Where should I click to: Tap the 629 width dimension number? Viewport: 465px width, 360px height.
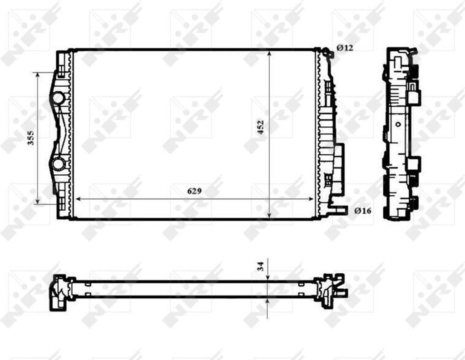194,191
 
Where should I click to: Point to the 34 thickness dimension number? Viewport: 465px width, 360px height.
261,266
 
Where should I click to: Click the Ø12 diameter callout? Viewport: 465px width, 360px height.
345,48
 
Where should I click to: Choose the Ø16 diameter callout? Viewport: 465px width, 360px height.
363,210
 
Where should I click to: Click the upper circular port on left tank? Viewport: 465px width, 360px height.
59,98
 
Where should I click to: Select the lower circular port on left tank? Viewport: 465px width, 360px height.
59,164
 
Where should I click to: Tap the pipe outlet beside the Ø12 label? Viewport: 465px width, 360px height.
329,54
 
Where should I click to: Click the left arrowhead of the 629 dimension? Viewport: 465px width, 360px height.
78,199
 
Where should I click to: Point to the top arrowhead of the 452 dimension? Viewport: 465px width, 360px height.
269,54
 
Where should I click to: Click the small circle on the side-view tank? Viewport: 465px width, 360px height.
398,124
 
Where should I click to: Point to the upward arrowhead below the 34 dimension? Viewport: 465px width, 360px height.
269,301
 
